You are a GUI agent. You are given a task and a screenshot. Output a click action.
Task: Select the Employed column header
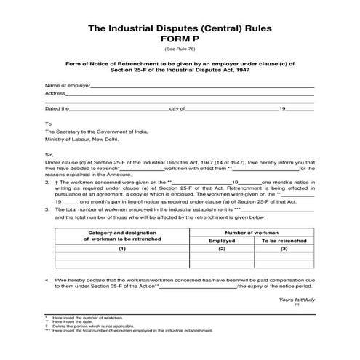point(222,239)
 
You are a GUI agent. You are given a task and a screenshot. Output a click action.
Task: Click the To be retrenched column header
point(284,239)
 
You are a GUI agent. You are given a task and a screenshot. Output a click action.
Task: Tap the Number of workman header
point(253,231)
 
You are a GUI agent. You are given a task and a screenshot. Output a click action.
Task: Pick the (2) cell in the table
point(222,249)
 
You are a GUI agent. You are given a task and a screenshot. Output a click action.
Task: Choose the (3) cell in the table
point(284,249)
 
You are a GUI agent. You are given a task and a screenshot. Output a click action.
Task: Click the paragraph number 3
point(47,209)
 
